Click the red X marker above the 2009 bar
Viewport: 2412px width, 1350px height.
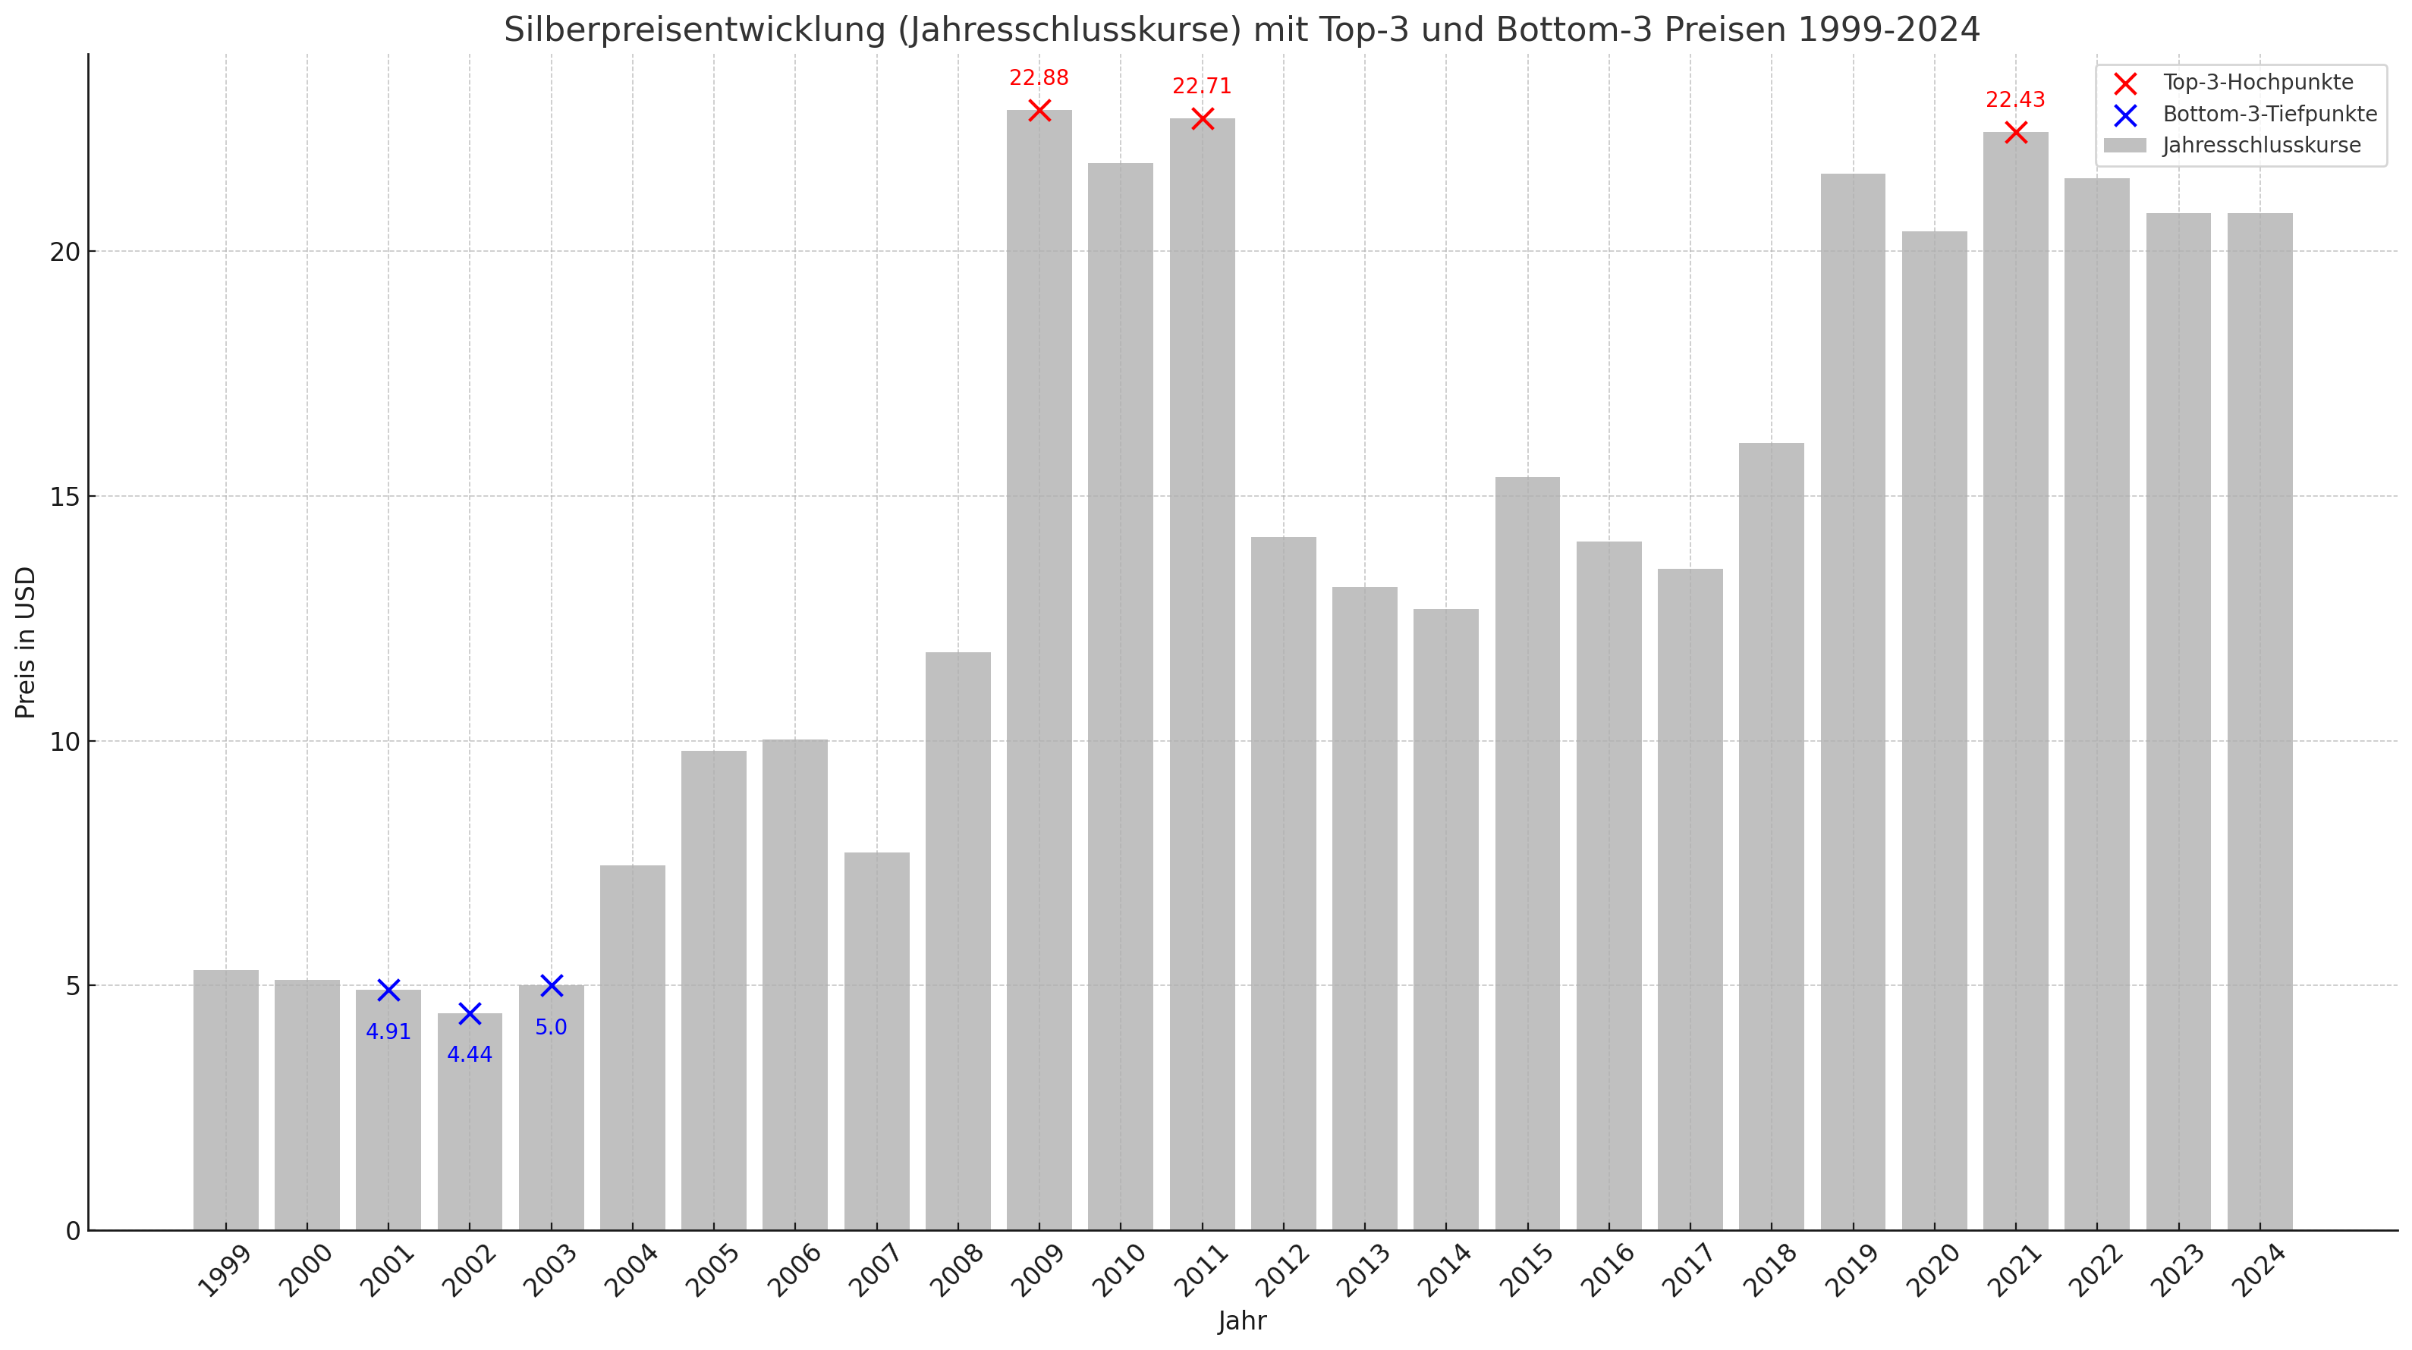pos(1039,111)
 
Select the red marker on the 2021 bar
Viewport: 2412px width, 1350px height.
pos(2015,132)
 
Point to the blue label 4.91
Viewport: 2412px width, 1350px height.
pos(388,1031)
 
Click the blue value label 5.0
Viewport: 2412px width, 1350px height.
pos(551,1027)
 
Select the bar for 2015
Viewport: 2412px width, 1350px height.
pos(1527,852)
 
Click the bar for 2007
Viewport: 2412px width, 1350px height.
pos(876,1039)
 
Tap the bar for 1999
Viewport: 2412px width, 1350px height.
pos(225,1100)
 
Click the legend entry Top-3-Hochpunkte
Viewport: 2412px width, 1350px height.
pos(2256,83)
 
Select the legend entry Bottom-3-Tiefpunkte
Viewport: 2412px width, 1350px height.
pos(2269,115)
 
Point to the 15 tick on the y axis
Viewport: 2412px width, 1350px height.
pos(65,497)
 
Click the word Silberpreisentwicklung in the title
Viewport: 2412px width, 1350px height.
pos(693,30)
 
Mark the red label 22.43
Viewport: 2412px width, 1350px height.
pos(2015,100)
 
